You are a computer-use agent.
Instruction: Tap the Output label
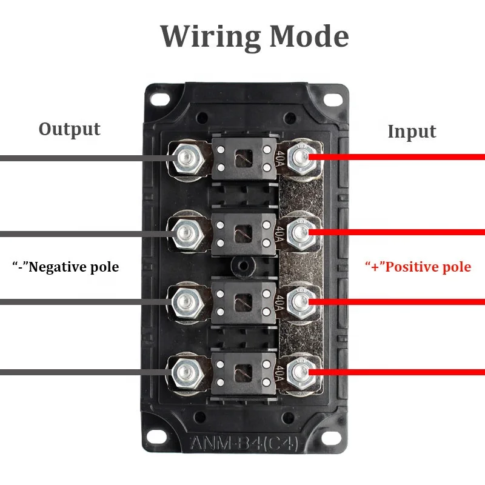tap(69, 129)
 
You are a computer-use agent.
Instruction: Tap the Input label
tap(412, 132)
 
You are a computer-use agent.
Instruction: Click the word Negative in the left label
tap(58, 267)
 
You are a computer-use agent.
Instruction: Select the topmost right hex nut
tap(298, 158)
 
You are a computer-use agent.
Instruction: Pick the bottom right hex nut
tap(298, 370)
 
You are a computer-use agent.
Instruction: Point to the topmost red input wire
tap(400, 158)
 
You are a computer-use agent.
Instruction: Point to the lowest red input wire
tap(400, 371)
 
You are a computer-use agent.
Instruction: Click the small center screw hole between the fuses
tap(241, 266)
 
